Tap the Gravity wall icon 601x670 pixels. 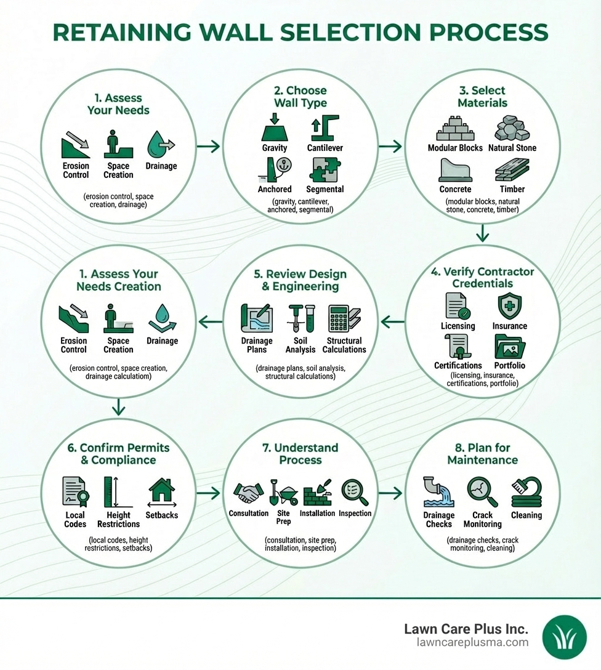point(275,128)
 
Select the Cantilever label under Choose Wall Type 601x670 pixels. point(325,148)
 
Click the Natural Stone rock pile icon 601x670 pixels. point(512,129)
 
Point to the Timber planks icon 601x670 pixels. point(512,170)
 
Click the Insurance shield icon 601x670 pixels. point(509,306)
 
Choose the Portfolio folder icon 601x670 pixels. point(509,346)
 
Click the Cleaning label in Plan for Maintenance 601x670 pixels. point(526,515)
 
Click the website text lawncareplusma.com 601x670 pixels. point(472,643)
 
